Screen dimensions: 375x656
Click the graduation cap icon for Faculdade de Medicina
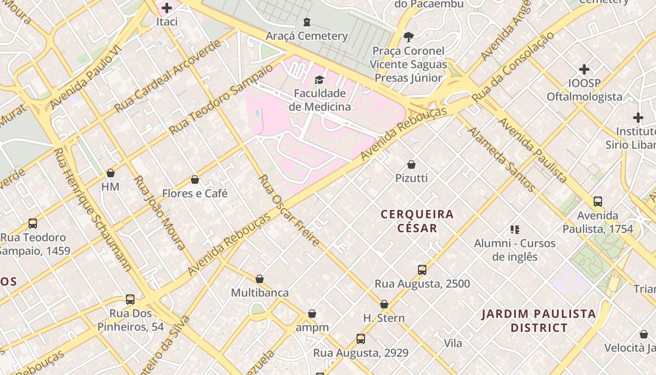point(319,80)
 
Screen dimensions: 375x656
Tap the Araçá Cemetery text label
point(306,36)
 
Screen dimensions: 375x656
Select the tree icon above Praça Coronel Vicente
point(409,37)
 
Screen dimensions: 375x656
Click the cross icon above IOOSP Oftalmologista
point(584,69)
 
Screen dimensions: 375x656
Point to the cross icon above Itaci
point(167,7)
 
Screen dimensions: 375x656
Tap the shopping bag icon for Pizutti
point(411,165)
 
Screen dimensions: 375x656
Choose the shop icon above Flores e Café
point(195,180)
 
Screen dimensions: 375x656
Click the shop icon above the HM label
point(111,173)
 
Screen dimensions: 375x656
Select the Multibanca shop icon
point(260,279)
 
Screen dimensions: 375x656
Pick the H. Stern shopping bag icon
point(384,304)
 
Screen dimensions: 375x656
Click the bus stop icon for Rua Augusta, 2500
point(422,270)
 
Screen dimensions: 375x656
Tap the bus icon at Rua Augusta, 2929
point(361,339)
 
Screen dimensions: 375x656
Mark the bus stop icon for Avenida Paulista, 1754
point(598,202)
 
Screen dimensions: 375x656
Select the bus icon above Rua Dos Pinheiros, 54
point(130,300)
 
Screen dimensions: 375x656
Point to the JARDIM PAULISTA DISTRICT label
point(539,321)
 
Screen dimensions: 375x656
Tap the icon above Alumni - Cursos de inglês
point(515,230)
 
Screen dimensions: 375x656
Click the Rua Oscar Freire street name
point(290,210)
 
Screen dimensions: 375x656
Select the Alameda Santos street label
point(501,159)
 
